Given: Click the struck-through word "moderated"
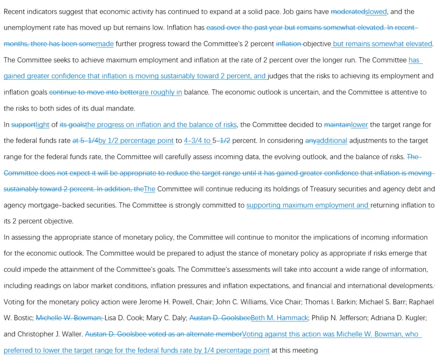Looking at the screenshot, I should (348, 12).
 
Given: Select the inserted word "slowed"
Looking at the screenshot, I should (376, 12).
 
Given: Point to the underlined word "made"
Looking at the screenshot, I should (105, 44).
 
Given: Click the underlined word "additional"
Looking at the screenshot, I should (332, 141).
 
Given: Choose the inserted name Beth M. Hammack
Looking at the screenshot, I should (280, 318).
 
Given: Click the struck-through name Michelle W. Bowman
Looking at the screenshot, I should (69, 318).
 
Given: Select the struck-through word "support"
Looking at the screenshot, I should (23, 125).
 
